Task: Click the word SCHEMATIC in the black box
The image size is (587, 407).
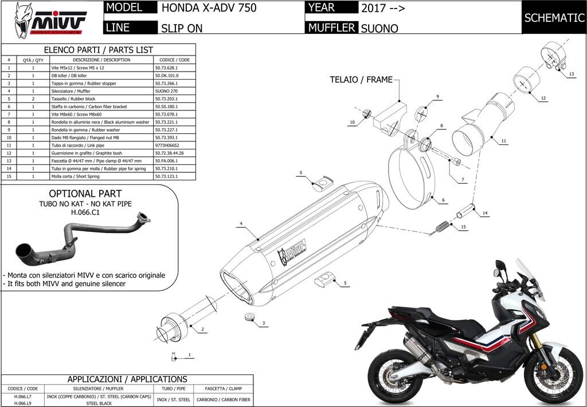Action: [554, 18]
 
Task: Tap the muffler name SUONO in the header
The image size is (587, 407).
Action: [379, 27]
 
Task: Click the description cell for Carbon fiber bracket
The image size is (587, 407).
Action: [101, 106]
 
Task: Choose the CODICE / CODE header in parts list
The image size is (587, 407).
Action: [175, 60]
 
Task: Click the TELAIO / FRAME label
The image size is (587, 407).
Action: [361, 80]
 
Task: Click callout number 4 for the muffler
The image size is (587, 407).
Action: [241, 223]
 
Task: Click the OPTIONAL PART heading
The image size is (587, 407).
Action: [85, 193]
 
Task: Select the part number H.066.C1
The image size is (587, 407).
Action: [85, 212]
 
